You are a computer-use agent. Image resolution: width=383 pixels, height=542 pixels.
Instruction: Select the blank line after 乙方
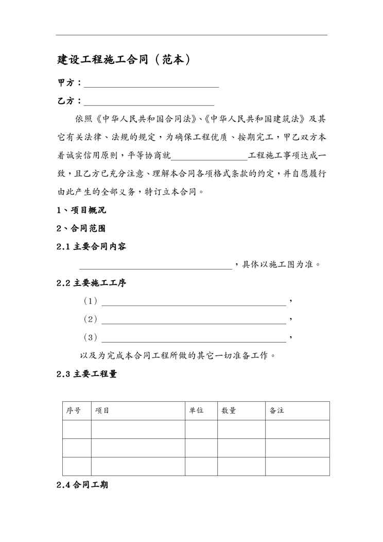[149, 103]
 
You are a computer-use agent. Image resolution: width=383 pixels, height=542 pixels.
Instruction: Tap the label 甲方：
[69, 83]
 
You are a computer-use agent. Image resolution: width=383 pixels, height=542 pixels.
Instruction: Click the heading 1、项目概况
[82, 210]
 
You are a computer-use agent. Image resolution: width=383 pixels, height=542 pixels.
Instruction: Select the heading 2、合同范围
[82, 228]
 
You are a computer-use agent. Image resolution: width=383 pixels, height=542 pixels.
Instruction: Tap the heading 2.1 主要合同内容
[91, 247]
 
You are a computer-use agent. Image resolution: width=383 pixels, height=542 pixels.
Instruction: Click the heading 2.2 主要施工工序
[91, 283]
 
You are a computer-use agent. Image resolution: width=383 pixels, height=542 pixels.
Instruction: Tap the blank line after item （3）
[194, 340]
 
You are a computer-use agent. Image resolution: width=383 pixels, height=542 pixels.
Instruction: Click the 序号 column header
[74, 411]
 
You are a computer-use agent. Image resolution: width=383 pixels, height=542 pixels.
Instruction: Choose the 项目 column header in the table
[102, 411]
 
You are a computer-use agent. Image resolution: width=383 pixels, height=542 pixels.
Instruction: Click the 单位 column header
[196, 411]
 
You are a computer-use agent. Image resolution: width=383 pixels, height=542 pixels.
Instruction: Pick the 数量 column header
[229, 411]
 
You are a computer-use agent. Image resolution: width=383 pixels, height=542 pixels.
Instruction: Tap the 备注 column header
[277, 411]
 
